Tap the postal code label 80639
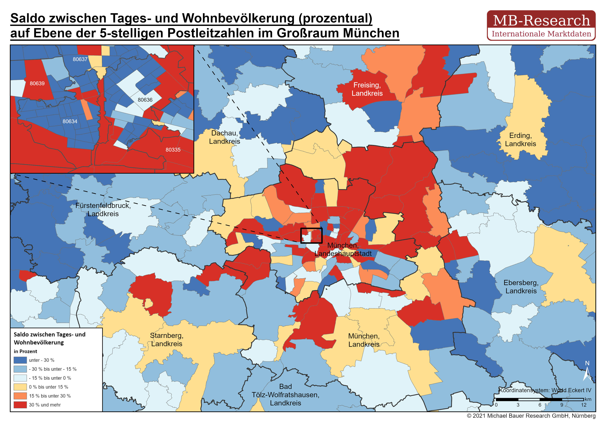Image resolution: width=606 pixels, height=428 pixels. point(37,84)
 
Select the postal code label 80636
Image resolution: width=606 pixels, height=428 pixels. point(145,100)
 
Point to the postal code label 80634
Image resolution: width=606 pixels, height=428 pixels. point(70,121)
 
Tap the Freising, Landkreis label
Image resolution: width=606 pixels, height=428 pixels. point(367,89)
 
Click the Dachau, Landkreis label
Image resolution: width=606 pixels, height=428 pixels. point(224,137)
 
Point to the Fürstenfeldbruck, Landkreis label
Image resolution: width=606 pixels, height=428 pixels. point(103,210)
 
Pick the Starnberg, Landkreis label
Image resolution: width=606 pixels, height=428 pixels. point(167,340)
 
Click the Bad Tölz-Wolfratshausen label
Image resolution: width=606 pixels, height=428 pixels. point(285,395)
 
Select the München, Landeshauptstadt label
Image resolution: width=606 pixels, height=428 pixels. point(343,250)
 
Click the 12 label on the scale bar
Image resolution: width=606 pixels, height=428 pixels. point(584,405)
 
